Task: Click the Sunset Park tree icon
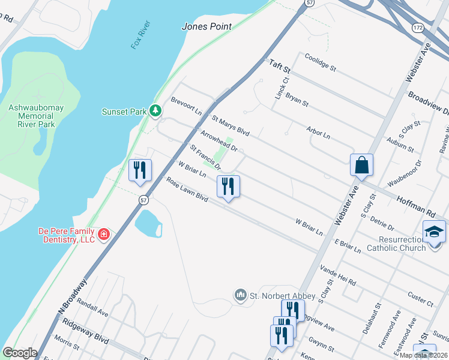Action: point(155,110)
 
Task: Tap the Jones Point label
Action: point(206,27)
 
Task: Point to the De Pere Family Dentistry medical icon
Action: point(104,233)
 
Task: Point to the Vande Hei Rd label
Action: point(338,275)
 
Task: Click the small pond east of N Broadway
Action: point(148,223)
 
